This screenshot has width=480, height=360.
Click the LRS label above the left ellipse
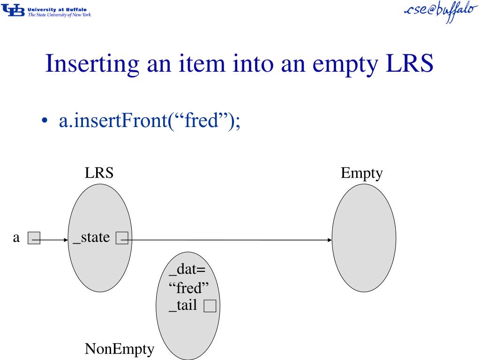[99, 173]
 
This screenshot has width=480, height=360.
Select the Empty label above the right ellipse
[361, 174]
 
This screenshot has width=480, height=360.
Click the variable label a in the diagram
[16, 238]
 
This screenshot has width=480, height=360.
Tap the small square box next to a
[34, 239]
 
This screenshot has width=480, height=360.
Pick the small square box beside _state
[122, 239]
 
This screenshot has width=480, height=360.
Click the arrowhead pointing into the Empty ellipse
[330, 240]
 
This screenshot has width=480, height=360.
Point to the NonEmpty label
[119, 349]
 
